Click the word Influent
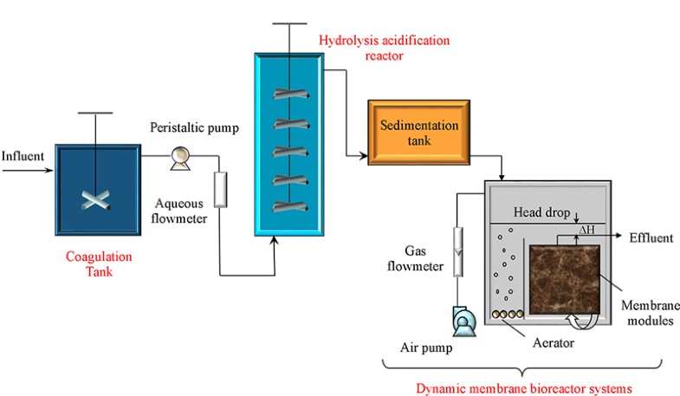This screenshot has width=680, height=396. (x=25, y=157)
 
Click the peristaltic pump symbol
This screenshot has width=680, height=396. (x=180, y=156)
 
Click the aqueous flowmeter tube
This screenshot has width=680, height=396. (x=219, y=190)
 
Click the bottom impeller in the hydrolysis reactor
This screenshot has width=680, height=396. (x=288, y=207)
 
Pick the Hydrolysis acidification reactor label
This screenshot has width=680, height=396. (x=360, y=48)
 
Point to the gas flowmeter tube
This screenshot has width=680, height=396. (x=460, y=250)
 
